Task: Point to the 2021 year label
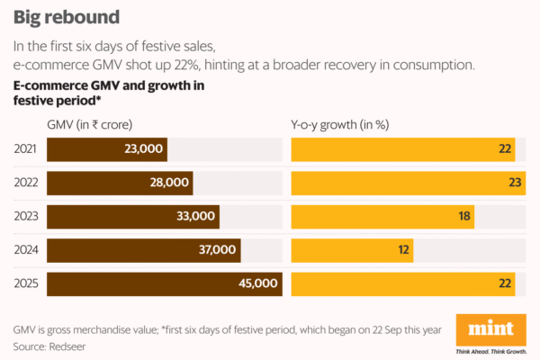(x=26, y=149)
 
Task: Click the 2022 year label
(x=26, y=183)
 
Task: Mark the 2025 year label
(x=26, y=284)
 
